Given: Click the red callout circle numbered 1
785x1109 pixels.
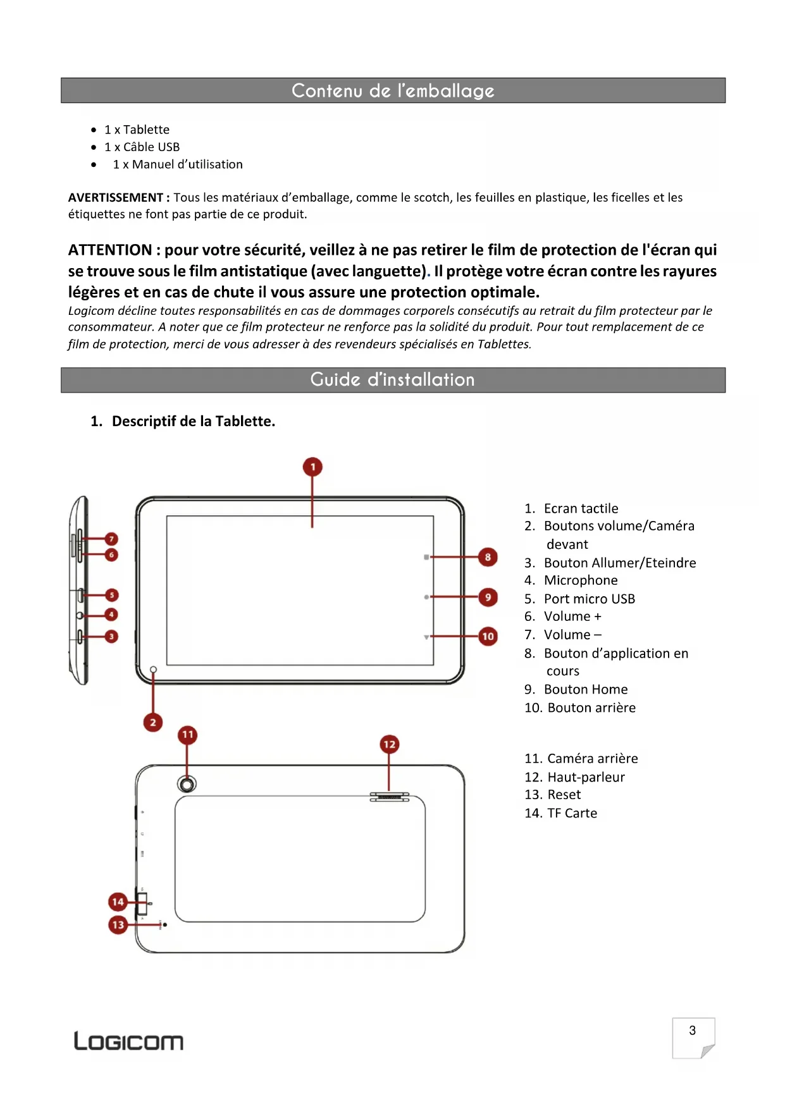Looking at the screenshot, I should (312, 467).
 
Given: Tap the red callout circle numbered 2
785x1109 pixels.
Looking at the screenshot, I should (153, 722).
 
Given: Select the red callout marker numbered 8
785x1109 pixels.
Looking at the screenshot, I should (488, 557).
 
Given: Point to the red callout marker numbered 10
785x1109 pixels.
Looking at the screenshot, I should (488, 636).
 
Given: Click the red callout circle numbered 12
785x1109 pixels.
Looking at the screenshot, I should (389, 744).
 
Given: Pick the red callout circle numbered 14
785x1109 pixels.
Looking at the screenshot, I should (118, 902).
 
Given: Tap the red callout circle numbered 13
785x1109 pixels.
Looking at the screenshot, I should (118, 925).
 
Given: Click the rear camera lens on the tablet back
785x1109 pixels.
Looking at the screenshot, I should (187, 784).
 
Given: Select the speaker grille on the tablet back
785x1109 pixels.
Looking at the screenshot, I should (389, 797).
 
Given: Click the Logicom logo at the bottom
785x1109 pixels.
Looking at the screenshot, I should (128, 1041).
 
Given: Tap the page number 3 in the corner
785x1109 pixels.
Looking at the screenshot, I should (693, 1031).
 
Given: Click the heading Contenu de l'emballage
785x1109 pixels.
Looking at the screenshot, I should (393, 90).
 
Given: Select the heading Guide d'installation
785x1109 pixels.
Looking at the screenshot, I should (393, 380).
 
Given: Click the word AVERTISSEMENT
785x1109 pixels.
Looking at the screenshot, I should (116, 197).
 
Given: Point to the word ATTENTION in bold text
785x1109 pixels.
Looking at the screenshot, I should (110, 250).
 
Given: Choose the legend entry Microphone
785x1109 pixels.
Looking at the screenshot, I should (581, 580).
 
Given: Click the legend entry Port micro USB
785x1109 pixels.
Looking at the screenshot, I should (589, 599).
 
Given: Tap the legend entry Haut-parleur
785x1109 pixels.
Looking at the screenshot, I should (586, 777).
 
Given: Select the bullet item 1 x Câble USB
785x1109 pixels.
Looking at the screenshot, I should (142, 147).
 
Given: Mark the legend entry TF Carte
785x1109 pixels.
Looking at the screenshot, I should (572, 813).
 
